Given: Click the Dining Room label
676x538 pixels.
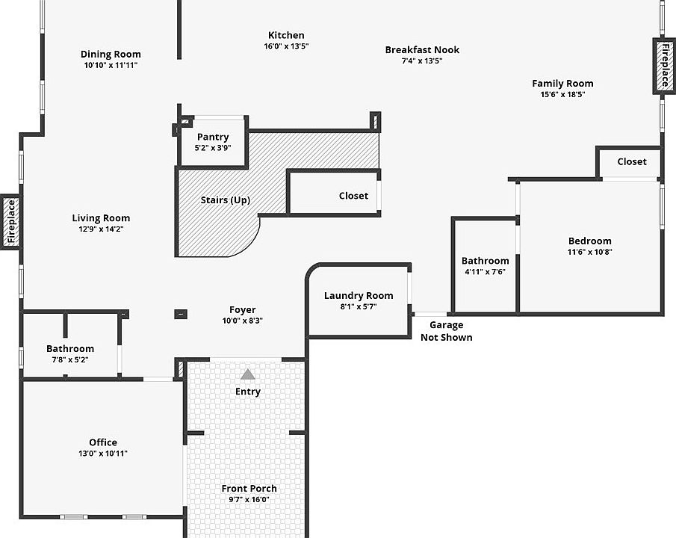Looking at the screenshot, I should click(111, 54).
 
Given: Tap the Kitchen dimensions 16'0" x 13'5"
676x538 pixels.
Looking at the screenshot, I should click(286, 46).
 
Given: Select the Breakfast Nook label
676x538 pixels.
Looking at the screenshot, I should click(422, 50).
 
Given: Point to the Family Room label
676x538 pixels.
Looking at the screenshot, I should click(562, 84).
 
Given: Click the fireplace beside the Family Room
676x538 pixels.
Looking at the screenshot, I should click(663, 66).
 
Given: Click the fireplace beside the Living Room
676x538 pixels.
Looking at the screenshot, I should click(10, 222).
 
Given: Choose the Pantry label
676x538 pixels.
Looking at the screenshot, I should click(213, 137).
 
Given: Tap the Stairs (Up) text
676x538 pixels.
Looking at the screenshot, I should click(225, 200).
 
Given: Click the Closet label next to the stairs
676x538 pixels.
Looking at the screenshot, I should click(353, 196).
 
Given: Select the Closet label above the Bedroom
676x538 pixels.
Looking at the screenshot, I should click(632, 161).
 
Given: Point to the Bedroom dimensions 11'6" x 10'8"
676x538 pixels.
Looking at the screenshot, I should click(589, 252).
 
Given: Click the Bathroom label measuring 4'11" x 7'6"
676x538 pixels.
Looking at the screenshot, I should click(485, 261).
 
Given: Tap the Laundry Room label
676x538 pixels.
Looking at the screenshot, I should click(359, 296).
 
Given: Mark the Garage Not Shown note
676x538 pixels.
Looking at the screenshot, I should click(446, 331).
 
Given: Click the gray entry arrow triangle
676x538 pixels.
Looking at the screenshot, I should click(248, 374).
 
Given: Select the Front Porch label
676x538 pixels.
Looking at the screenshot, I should click(249, 489).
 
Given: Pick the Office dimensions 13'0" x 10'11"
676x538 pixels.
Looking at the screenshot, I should click(103, 454).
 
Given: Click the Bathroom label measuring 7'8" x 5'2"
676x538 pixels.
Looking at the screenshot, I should click(70, 349).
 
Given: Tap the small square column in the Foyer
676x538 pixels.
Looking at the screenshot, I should click(181, 314).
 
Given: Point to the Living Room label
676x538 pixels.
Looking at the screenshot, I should click(101, 218).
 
